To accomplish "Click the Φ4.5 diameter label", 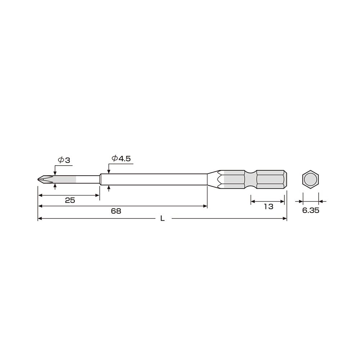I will [x=121, y=158].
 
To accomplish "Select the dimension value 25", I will [x=70, y=201].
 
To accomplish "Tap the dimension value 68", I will [x=116, y=211].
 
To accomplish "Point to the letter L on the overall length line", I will [x=162, y=218].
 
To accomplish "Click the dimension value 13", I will [x=268, y=207].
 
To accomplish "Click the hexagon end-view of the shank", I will [x=310, y=179].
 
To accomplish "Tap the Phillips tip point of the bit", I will [x=39, y=179].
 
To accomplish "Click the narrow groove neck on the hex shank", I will [x=251, y=179].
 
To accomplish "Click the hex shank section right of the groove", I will [x=270, y=179].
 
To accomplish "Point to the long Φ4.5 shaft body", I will [x=155, y=179].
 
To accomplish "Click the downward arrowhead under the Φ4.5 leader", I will [x=109, y=172].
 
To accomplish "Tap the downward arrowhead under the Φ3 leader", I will [x=55, y=174].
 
